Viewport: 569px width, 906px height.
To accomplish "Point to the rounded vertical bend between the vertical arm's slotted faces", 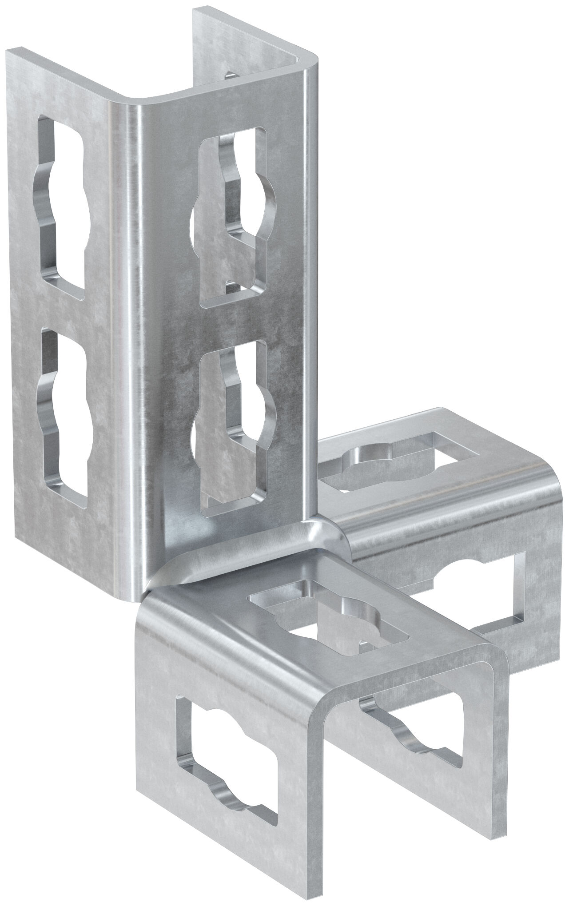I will pos(133,311).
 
